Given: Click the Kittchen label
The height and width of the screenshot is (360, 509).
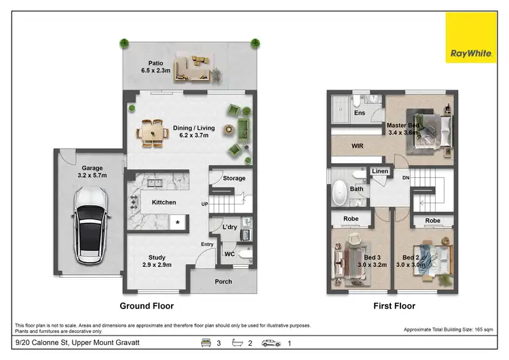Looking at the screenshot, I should point(164,202).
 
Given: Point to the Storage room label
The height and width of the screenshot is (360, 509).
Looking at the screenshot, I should point(233,179).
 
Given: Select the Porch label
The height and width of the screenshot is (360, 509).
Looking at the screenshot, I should point(223,281).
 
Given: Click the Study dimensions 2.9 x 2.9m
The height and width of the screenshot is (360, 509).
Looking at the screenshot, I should point(157,266).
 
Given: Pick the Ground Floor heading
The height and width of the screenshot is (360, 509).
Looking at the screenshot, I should point(147,306).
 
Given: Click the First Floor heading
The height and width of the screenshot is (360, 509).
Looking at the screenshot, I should point(394,306).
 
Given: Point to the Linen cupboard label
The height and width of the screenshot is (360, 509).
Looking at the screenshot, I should point(380,171).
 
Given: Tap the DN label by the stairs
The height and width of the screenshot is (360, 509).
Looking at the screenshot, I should point(406,178).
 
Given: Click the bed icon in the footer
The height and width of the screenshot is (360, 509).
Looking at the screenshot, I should point(204,343).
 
